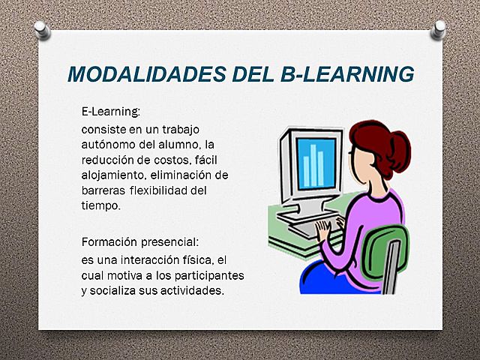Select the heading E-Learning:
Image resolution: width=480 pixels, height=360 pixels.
coord(111,112)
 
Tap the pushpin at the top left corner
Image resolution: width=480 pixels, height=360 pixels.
coord(42,30)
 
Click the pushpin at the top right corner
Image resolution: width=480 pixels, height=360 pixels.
coord(439,30)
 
